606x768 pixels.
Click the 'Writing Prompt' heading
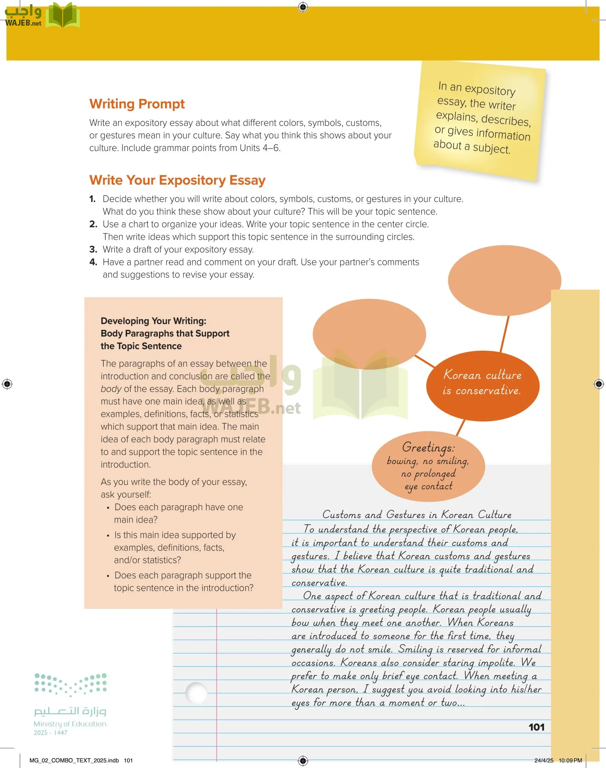pos(137,104)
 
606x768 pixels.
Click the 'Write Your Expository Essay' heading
pos(177,180)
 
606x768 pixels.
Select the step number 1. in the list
pos(93,199)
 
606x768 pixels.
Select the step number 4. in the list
pos(93,262)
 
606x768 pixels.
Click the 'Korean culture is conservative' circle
pos(482,383)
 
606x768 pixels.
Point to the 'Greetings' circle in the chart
pos(428,466)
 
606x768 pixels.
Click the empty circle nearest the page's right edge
pos(504,280)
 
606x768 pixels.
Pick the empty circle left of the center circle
pos(369,334)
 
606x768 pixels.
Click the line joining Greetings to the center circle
pos(461,427)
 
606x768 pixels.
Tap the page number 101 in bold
pos(536,727)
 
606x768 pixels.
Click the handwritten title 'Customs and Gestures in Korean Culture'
pos(416,514)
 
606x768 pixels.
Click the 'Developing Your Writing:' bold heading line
pos(153,321)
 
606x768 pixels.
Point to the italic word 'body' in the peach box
pos(111,389)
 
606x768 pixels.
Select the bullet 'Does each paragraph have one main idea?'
pos(178,513)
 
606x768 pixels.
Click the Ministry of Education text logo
pos(70,724)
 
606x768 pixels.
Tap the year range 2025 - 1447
pos(50,733)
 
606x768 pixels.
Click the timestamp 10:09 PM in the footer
pos(570,760)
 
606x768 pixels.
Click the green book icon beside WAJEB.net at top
pos(62,16)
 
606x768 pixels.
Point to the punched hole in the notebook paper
pos(197,692)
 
